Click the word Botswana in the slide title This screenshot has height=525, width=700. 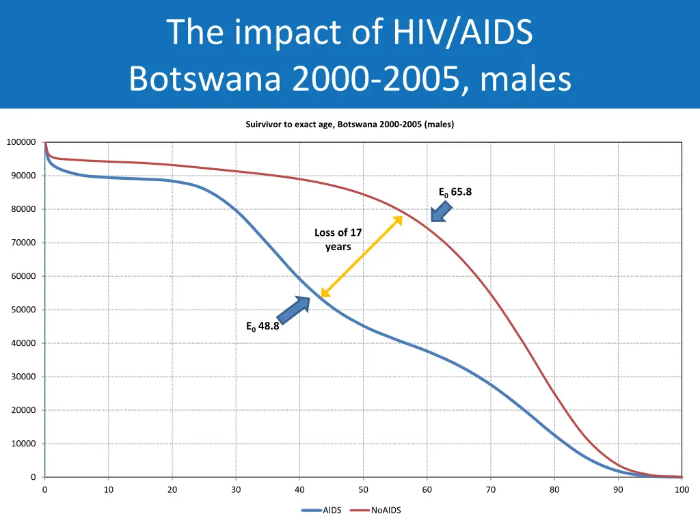(x=204, y=79)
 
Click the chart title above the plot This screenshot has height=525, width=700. (x=349, y=124)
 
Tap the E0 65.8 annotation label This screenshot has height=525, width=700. (x=455, y=192)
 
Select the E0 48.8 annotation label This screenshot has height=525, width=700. (x=262, y=326)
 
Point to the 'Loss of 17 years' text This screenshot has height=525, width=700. (x=338, y=239)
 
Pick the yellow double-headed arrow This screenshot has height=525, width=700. (x=362, y=256)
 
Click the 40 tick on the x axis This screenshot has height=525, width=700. (x=299, y=489)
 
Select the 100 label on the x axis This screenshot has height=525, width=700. (x=682, y=489)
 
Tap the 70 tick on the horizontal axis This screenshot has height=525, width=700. (x=491, y=489)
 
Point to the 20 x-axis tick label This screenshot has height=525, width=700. (x=172, y=489)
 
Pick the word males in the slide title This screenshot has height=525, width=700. (x=526, y=79)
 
